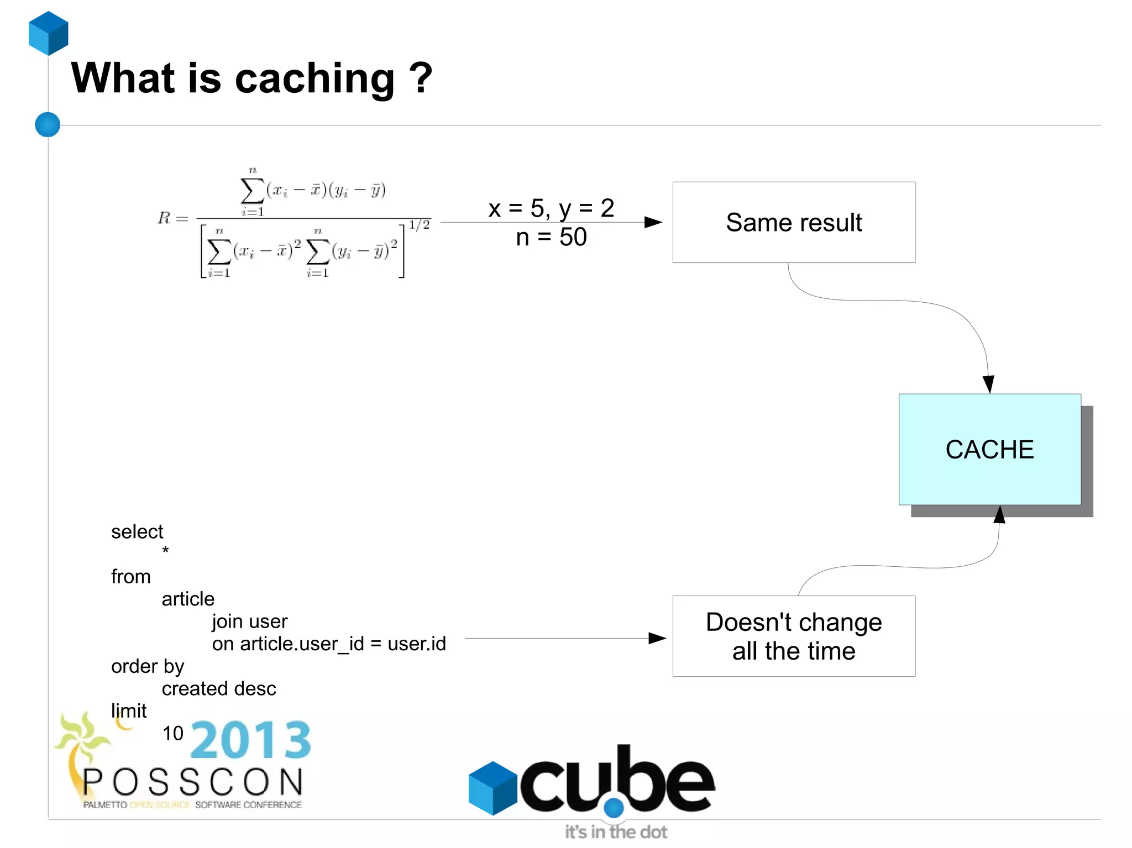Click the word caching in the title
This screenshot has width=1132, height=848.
pos(315,79)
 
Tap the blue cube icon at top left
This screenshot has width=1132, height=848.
pos(49,33)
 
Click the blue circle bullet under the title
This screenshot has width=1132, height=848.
pos(48,124)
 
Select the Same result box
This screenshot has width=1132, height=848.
pos(793,222)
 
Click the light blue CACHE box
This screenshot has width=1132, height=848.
pos(989,449)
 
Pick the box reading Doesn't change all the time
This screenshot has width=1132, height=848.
pos(793,636)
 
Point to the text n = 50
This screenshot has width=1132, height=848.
pos(551,237)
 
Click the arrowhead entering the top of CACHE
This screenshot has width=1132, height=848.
pos(988,383)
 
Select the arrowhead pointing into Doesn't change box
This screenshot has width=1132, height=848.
pos(657,638)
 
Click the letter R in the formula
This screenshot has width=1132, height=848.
pos(164,218)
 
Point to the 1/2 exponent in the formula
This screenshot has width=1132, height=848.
pos(419,224)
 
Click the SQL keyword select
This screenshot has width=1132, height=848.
pos(137,531)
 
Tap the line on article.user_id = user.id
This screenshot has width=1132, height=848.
pos(329,644)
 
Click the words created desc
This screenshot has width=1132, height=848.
pos(219,688)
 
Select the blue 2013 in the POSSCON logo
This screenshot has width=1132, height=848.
pos(251,740)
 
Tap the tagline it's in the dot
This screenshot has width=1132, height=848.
pos(616,831)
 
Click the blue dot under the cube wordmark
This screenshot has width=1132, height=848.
pos(614,808)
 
